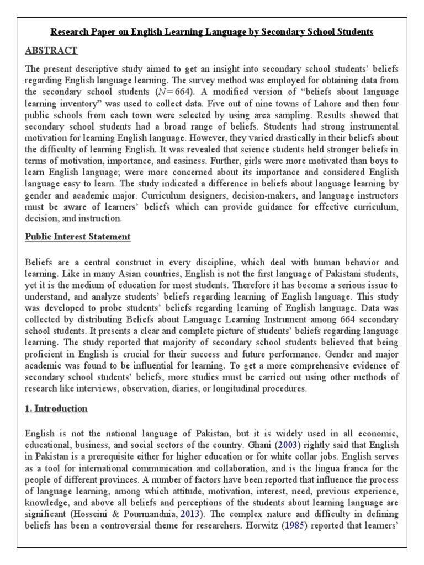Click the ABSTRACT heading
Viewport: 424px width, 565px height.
[51, 51]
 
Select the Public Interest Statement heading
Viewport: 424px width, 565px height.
[78, 237]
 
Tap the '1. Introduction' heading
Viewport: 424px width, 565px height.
[56, 409]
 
